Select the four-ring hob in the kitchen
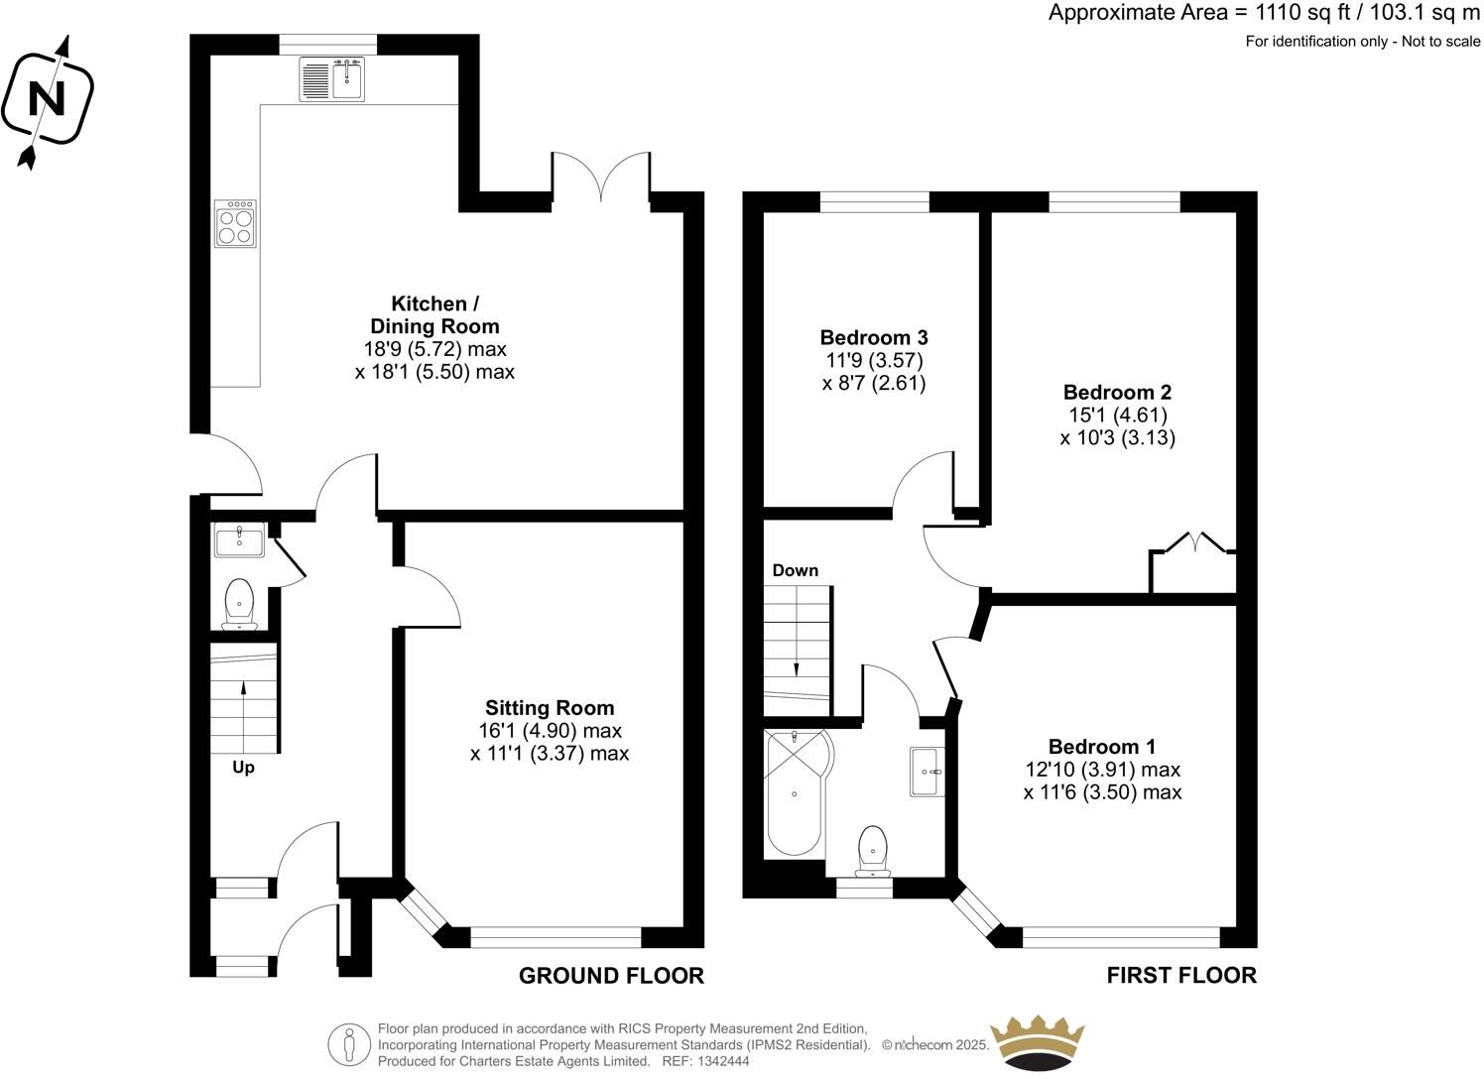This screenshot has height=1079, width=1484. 236,222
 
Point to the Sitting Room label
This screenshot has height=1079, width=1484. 549,708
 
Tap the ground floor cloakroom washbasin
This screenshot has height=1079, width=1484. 238,541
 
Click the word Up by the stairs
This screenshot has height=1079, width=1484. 243,768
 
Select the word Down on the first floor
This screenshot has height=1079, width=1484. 795,570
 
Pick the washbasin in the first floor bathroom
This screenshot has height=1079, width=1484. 927,771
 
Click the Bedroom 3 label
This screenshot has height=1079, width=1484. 873,337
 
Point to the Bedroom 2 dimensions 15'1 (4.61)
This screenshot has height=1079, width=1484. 1117,415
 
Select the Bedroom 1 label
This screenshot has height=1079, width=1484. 1101,747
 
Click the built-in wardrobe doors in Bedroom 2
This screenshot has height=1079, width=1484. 1193,543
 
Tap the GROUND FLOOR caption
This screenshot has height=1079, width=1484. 611,976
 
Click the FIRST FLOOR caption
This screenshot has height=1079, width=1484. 1181,976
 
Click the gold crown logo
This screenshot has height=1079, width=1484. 1040,1041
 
